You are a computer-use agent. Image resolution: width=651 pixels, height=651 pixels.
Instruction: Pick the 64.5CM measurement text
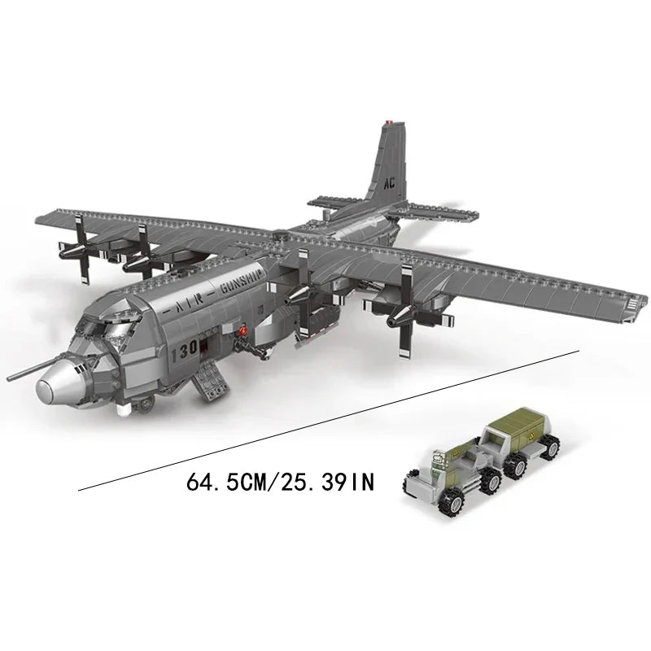(x=233, y=482)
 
